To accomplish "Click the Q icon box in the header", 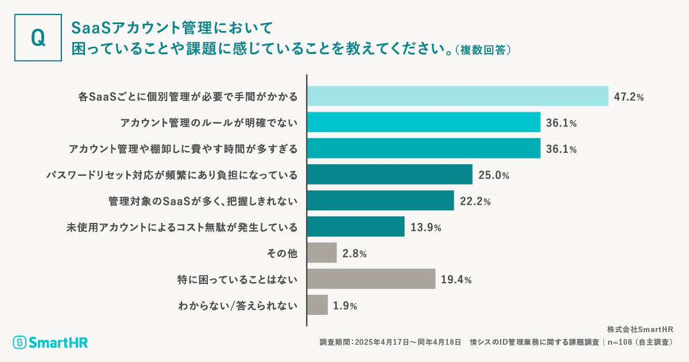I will coord(37,37).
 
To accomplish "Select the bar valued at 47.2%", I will coord(458,96).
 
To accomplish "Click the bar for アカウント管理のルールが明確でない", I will coord(424,122).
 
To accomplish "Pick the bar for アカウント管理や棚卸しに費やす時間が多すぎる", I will coord(424,148).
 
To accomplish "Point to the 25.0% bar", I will coord(390,175).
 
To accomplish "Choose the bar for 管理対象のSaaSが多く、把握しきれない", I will coord(381,201).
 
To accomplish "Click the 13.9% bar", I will coord(356,227).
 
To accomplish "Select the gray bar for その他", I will coord(322,253).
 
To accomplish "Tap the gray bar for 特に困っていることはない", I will coord(371,279).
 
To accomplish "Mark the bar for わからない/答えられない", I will coord(318,305).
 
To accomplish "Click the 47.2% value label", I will coord(629,97).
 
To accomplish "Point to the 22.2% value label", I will coord(475,201).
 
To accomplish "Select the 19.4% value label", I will coord(456,280).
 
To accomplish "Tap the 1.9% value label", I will coord(345,306).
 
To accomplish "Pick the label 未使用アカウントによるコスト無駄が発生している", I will coord(183,227).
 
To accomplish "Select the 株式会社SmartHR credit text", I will coord(640,329).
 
